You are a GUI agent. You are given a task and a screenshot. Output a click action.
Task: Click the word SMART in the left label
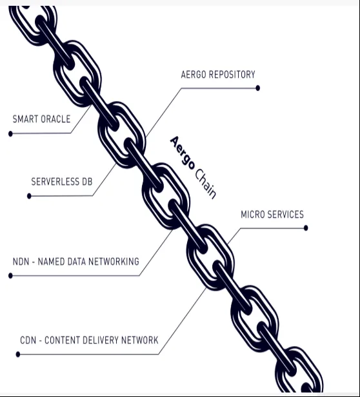click(25, 119)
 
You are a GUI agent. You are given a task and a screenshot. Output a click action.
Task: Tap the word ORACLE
click(55, 119)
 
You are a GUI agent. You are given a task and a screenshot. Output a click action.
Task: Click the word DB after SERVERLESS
click(87, 182)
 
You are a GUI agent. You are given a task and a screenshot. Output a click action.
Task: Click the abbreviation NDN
click(21, 262)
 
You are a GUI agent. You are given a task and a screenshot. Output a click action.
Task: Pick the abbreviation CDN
click(28, 340)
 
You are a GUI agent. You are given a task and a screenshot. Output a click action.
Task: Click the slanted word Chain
click(206, 183)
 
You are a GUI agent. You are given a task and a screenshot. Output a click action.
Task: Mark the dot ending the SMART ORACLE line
click(10, 133)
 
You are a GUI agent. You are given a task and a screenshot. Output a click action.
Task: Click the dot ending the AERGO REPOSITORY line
click(258, 88)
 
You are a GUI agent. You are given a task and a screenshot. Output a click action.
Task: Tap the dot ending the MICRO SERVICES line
click(306, 228)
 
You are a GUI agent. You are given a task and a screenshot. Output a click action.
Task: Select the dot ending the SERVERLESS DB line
click(29, 196)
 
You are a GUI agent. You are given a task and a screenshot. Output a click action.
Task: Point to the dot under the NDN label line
click(10, 275)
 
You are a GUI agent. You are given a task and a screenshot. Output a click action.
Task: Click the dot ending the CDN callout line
click(18, 354)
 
